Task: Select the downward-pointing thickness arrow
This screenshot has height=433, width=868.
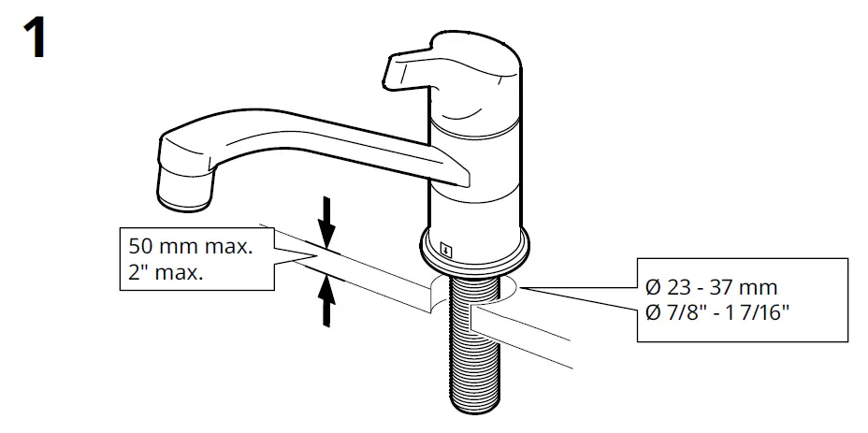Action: click(326, 221)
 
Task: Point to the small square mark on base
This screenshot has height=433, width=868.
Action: click(446, 250)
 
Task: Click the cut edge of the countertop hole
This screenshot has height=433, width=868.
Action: click(432, 297)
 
